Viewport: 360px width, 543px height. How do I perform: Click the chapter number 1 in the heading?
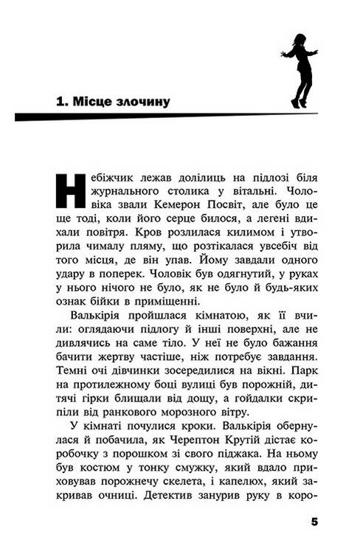(60, 100)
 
